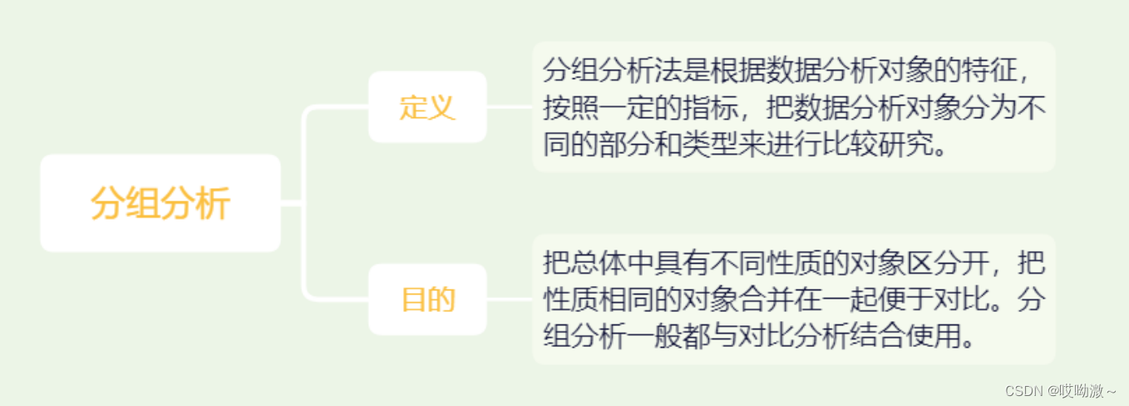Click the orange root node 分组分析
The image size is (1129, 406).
point(160,203)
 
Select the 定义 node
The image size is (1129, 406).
point(427,107)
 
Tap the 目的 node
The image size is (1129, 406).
point(427,300)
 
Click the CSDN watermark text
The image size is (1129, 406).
point(1059,390)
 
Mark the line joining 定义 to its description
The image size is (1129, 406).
point(509,107)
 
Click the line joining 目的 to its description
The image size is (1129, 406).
point(509,300)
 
